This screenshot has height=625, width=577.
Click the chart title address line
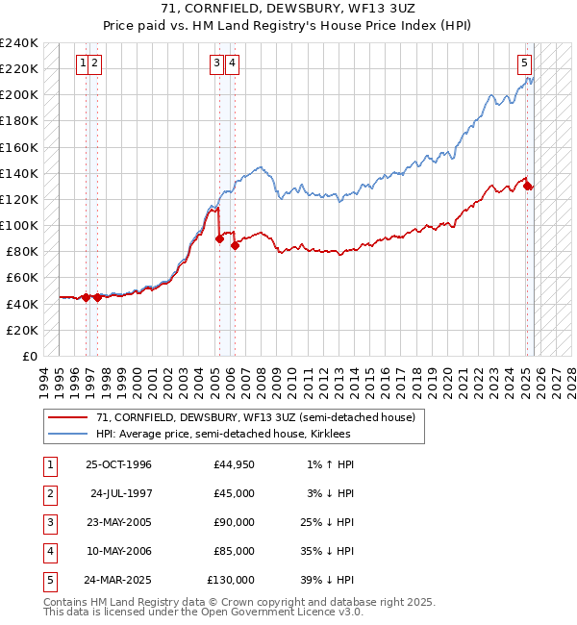(x=288, y=9)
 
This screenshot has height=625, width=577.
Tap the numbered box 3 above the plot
(x=217, y=64)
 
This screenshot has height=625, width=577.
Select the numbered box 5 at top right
(x=525, y=64)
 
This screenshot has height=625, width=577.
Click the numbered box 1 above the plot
(x=85, y=64)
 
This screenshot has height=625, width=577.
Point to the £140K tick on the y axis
(x=19, y=173)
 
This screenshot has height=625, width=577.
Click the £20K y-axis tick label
(x=23, y=330)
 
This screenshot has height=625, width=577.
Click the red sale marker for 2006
(x=236, y=245)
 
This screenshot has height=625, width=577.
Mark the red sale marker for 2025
(x=528, y=186)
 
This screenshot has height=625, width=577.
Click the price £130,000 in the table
(x=231, y=580)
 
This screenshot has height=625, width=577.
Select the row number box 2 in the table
(x=49, y=493)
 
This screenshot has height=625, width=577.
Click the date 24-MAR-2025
(x=118, y=580)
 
